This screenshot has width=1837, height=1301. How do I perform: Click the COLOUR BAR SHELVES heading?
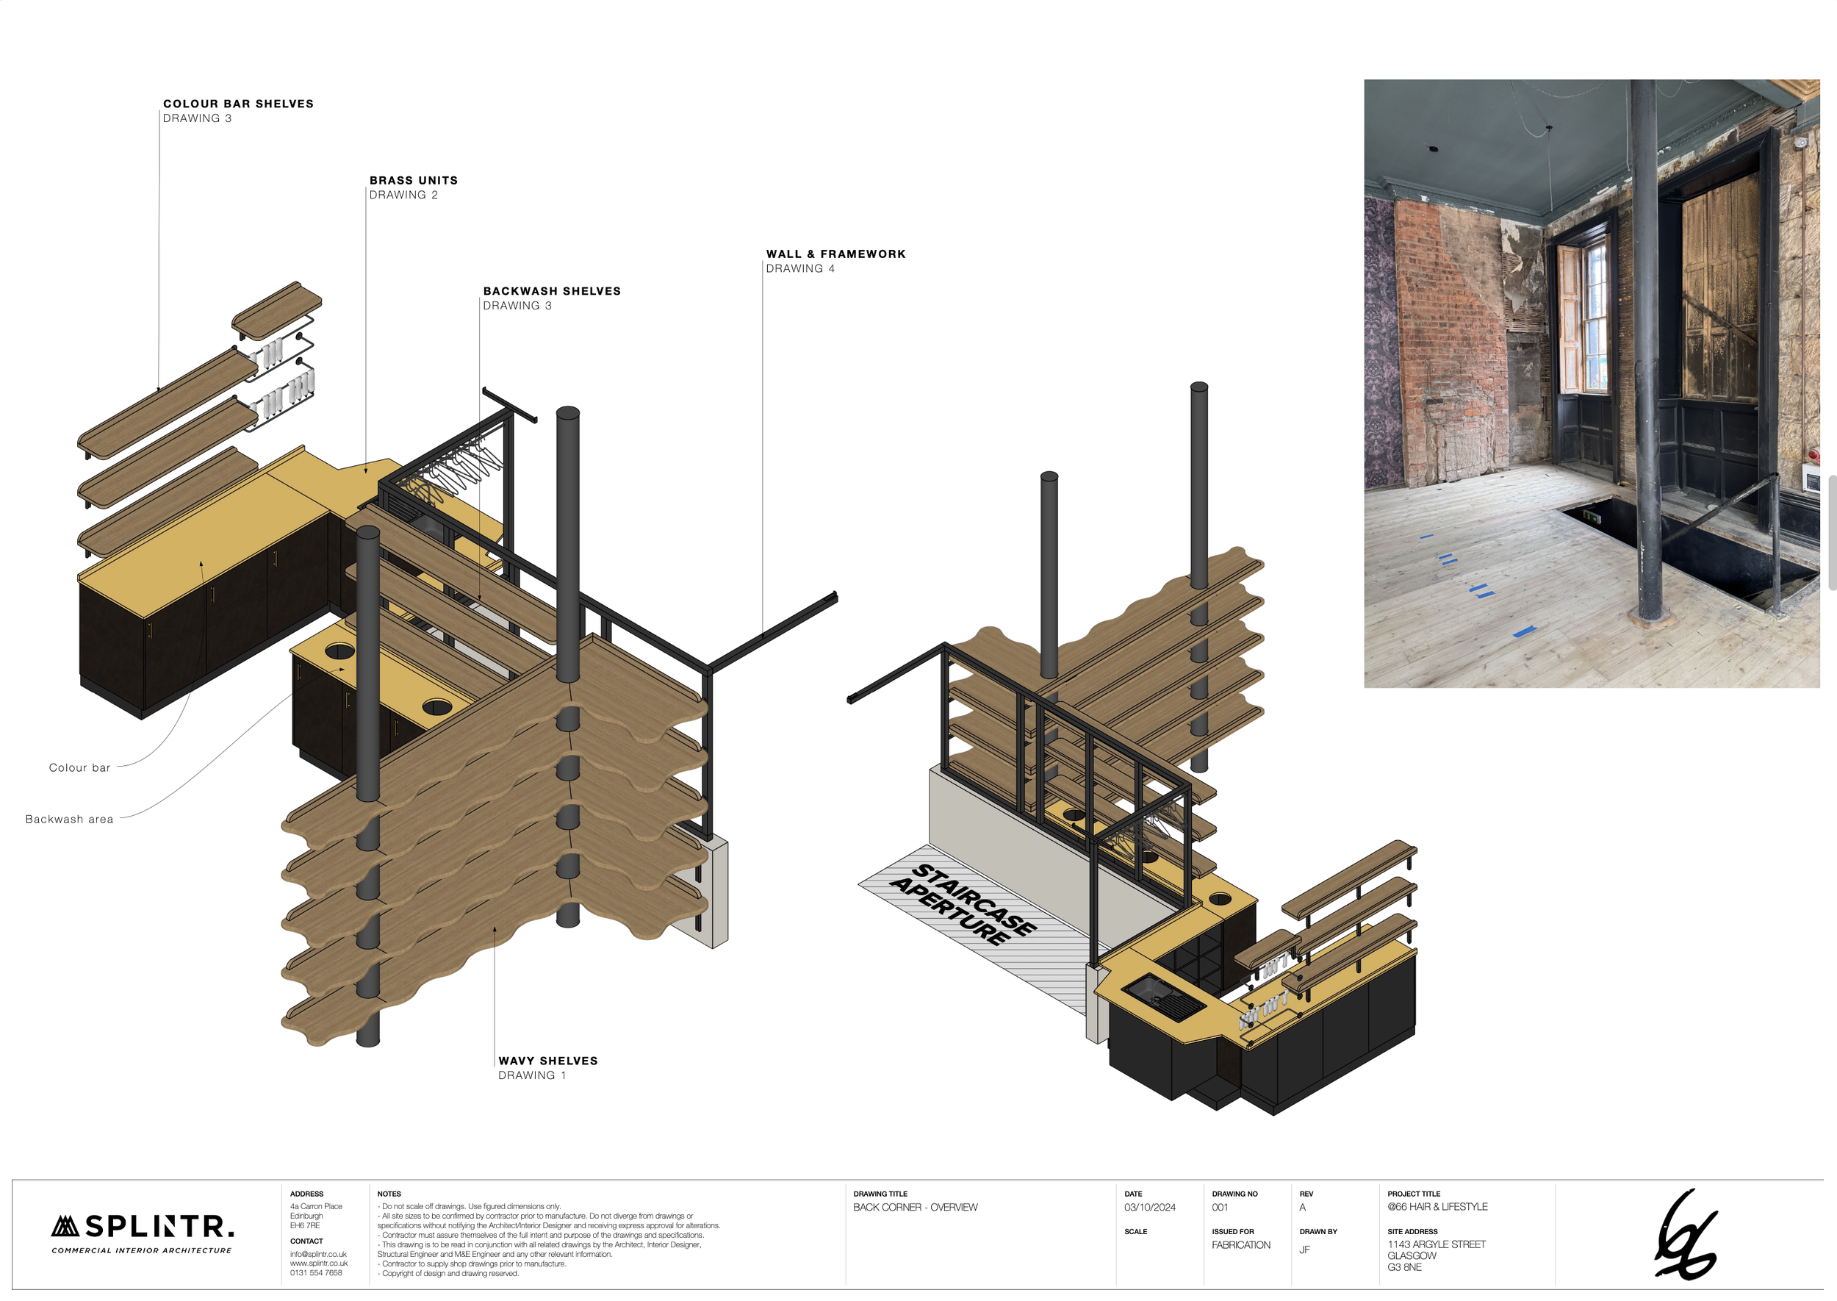[x=238, y=104]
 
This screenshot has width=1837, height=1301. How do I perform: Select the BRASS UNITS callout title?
[x=413, y=180]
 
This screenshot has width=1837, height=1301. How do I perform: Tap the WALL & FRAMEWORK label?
[x=835, y=254]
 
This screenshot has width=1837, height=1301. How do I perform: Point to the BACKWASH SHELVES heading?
[x=552, y=291]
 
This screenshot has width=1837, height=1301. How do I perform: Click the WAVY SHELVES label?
[x=547, y=1061]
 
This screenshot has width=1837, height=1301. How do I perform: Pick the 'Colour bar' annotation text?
[x=79, y=767]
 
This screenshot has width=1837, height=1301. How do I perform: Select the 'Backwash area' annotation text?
[x=69, y=819]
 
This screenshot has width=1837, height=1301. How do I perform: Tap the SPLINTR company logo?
[x=143, y=1231]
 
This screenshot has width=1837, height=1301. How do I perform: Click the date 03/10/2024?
[x=1149, y=1207]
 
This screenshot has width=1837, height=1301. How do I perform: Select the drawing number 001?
[x=1220, y=1207]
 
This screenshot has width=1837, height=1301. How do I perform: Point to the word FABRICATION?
[x=1240, y=1245]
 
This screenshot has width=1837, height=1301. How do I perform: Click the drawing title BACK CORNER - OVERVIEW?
[x=915, y=1207]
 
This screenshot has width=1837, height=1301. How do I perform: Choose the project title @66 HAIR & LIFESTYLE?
[x=1437, y=1206]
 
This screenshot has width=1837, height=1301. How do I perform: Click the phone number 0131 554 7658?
[x=315, y=1273]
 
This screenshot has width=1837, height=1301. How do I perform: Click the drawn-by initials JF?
[x=1304, y=1250]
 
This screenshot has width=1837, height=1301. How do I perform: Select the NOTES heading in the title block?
[x=389, y=1194]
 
